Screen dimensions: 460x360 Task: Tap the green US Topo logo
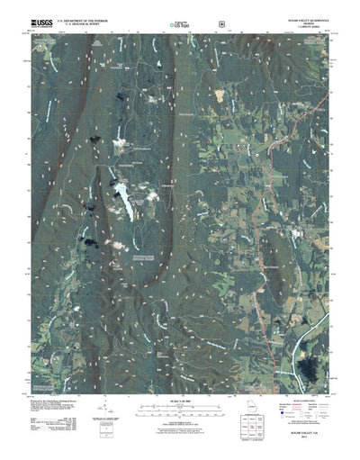click(180, 25)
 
